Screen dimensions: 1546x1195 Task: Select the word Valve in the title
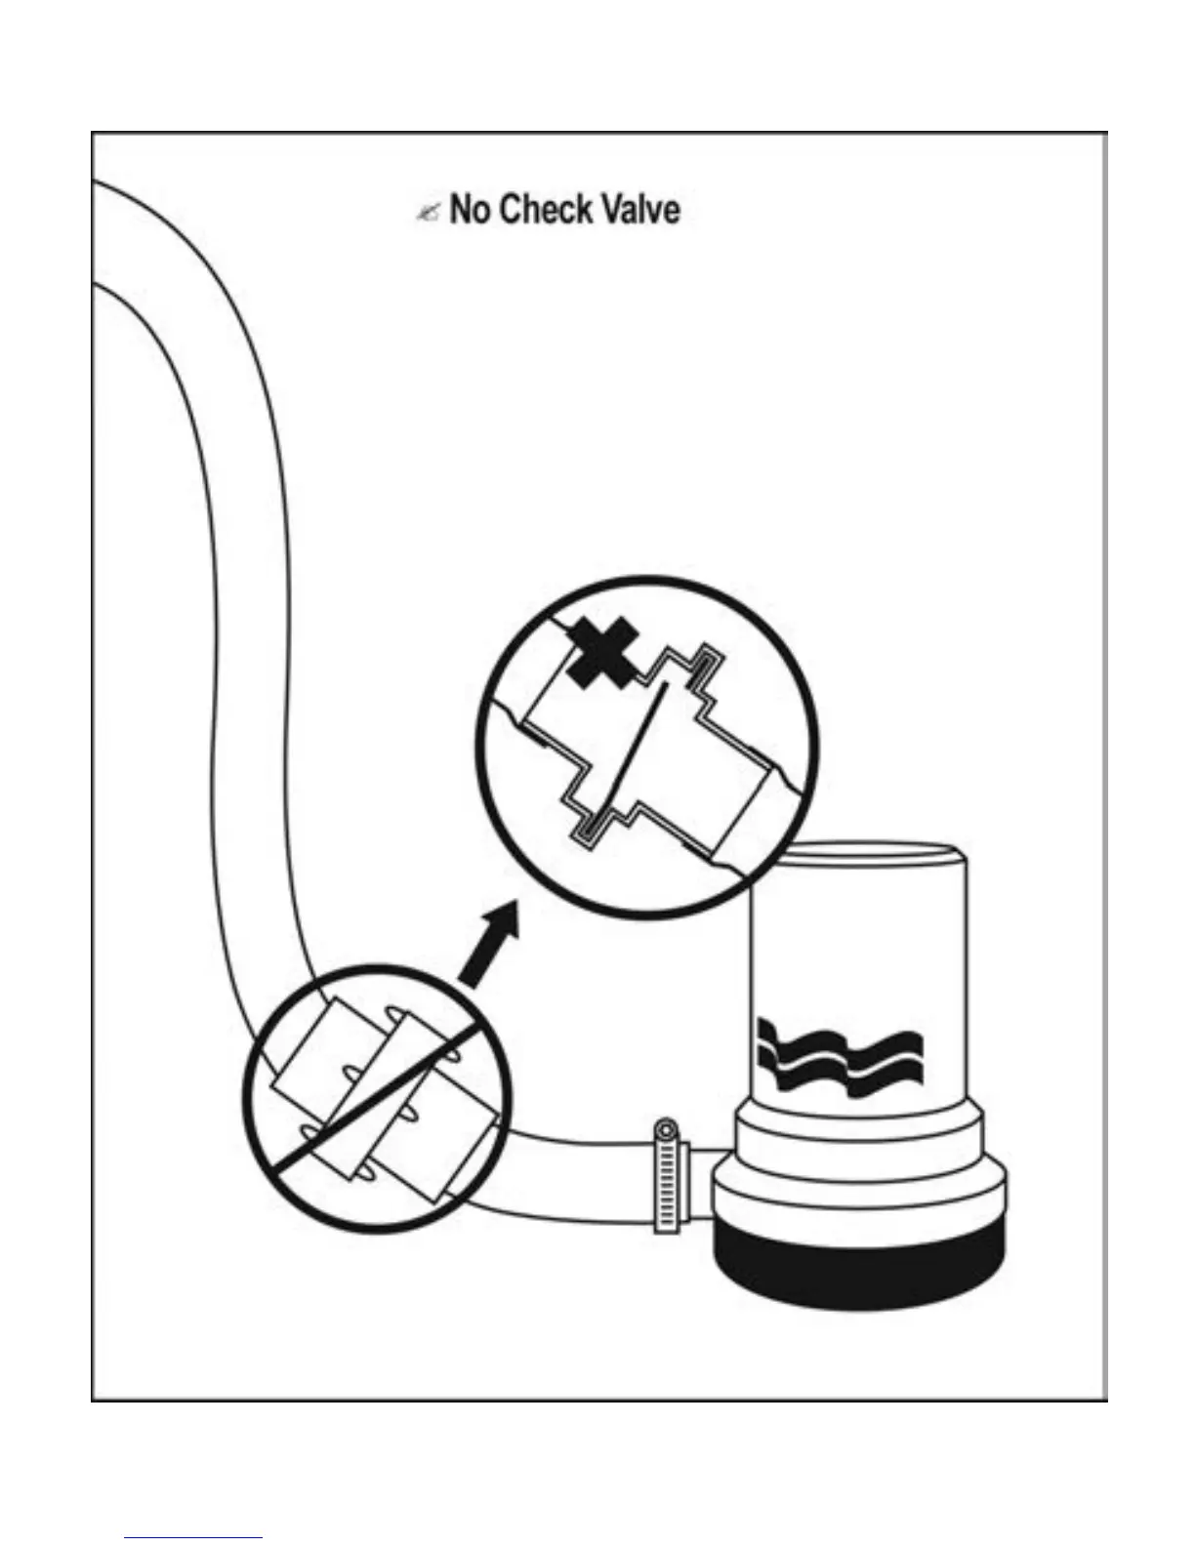(x=640, y=210)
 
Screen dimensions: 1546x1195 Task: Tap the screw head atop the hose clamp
(x=665, y=1130)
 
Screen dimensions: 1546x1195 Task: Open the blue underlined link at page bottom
(x=193, y=1537)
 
